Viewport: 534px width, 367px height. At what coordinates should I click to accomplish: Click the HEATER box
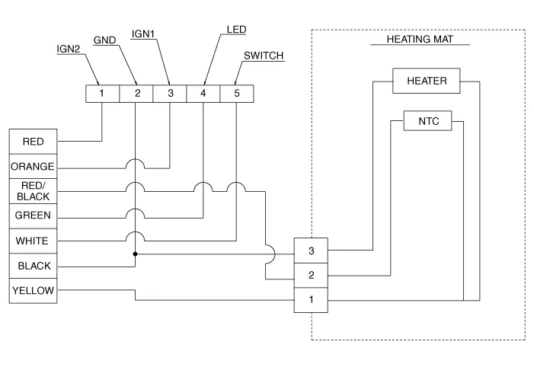(x=427, y=81)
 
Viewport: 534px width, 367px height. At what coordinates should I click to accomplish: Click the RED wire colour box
(x=33, y=142)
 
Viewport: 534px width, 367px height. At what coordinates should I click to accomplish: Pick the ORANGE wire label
(x=33, y=167)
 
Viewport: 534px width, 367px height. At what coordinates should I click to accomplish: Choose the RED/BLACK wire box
(x=33, y=191)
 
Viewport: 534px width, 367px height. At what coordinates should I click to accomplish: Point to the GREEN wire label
(x=33, y=216)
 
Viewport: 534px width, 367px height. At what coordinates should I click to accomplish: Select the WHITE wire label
(x=33, y=241)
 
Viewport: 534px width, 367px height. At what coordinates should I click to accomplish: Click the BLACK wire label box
(x=33, y=266)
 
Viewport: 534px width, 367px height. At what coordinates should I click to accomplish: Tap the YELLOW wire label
(x=33, y=291)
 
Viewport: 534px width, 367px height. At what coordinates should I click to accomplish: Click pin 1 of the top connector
(x=102, y=94)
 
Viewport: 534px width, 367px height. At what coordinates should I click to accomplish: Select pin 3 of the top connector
(x=170, y=94)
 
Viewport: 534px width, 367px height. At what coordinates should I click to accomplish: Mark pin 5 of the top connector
(x=236, y=94)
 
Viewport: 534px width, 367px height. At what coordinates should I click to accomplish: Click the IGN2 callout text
(x=68, y=49)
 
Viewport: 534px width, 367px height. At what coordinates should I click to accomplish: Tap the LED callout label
(x=237, y=30)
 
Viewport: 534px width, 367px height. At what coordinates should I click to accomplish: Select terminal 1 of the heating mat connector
(x=312, y=300)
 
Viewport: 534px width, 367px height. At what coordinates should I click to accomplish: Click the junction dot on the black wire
(x=136, y=254)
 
